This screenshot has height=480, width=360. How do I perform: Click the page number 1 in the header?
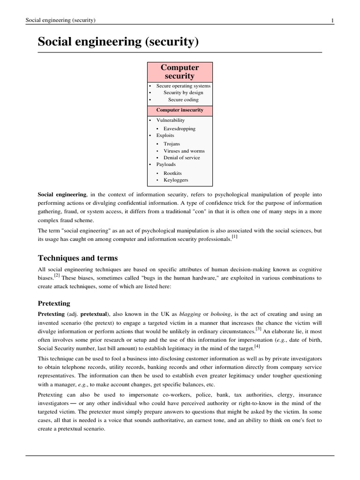(332, 20)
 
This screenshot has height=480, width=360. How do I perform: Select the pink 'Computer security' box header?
(180, 72)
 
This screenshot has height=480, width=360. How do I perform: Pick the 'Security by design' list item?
(183, 93)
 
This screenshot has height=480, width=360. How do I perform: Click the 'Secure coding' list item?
(183, 99)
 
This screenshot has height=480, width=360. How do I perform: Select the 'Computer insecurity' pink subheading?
(180, 110)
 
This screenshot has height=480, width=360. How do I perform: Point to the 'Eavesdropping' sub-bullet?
(180, 128)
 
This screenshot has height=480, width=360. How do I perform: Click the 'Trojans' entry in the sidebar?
(172, 144)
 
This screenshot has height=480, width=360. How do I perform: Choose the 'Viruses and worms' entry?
(184, 151)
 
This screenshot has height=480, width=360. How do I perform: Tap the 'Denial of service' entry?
(181, 157)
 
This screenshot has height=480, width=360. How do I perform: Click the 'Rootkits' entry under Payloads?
(172, 173)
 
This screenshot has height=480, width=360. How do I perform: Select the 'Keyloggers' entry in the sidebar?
(175, 180)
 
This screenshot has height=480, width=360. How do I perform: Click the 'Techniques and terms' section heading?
(78, 258)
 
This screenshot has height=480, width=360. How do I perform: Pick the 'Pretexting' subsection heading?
(54, 303)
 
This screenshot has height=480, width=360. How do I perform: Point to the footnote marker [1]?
(235, 237)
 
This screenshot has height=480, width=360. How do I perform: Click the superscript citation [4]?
(257, 346)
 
